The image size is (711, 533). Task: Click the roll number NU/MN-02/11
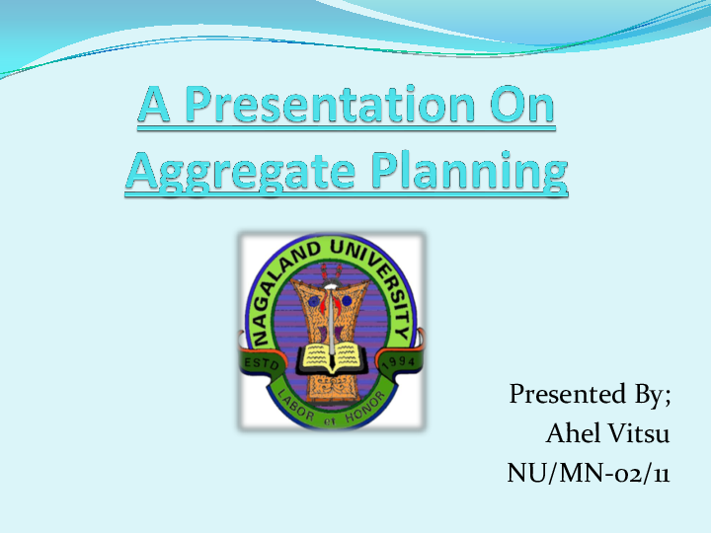(x=589, y=473)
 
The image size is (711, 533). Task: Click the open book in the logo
(x=331, y=355)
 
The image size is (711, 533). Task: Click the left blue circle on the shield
(x=314, y=293)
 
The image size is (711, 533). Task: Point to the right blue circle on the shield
(x=348, y=293)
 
